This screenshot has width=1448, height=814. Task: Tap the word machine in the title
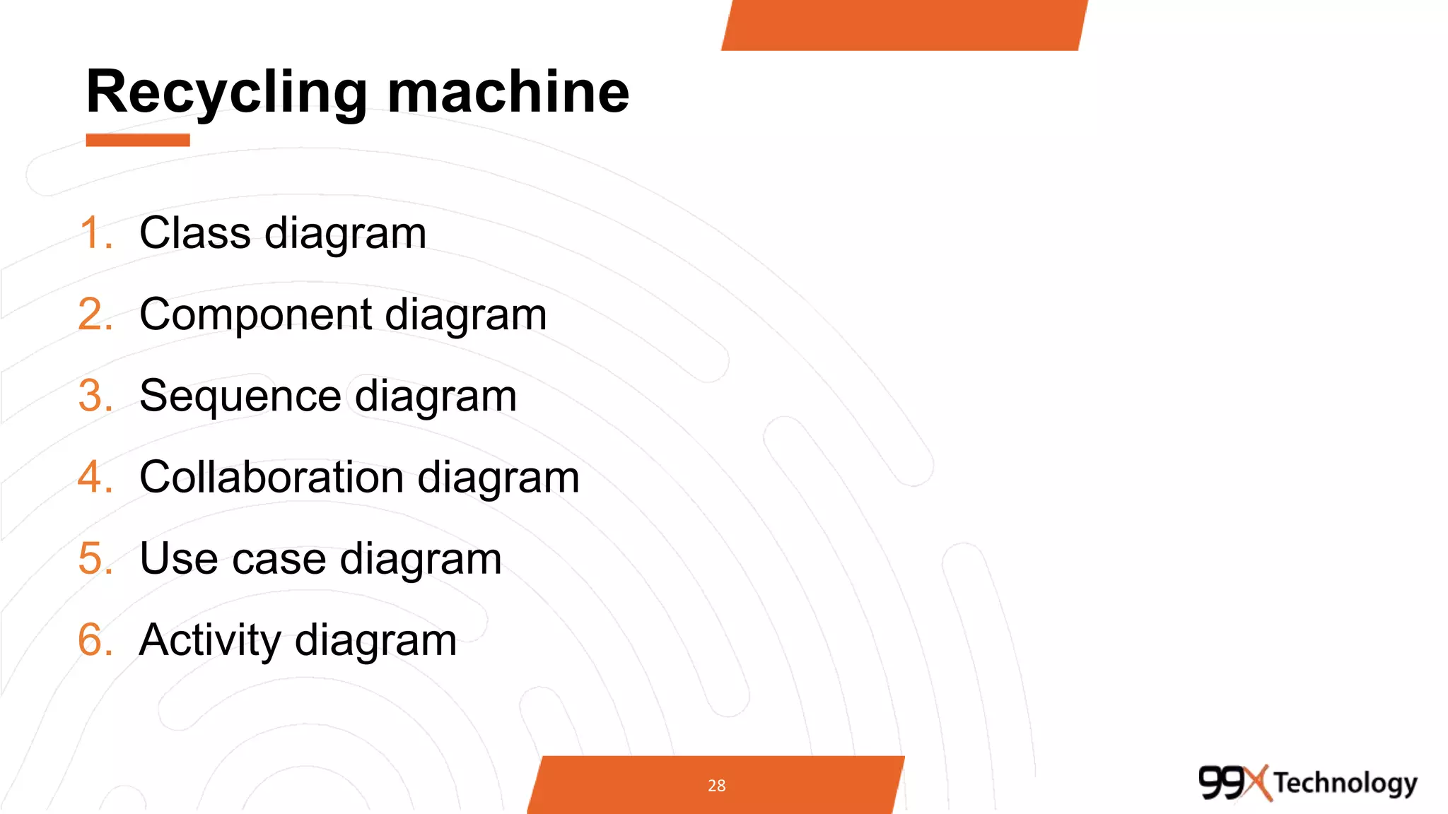click(508, 93)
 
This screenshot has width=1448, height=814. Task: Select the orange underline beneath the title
click(138, 140)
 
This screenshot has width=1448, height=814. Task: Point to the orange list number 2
click(95, 314)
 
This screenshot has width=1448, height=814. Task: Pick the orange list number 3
click(95, 396)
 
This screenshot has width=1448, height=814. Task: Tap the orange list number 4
click(95, 477)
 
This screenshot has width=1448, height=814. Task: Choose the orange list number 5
click(95, 558)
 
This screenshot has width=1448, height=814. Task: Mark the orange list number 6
click(95, 640)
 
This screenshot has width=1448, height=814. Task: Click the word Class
click(194, 233)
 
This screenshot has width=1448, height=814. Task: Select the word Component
click(255, 314)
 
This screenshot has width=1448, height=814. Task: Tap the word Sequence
click(240, 396)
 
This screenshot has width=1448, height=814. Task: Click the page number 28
click(716, 785)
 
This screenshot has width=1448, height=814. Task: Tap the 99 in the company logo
click(1221, 782)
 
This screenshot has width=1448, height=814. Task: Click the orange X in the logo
click(1257, 782)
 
